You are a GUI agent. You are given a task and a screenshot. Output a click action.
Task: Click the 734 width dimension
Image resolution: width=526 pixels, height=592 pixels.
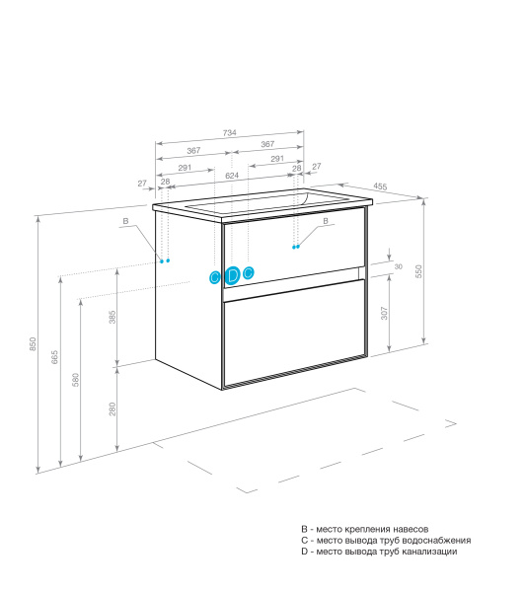pyautogui.click(x=228, y=132)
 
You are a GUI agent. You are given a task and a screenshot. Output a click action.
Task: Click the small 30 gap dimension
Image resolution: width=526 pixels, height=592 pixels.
pyautogui.click(x=398, y=266)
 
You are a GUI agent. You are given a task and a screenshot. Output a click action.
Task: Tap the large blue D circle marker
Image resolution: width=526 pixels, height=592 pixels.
pyautogui.click(x=232, y=275)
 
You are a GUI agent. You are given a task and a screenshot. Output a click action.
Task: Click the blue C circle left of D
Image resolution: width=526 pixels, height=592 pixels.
pyautogui.click(x=214, y=277)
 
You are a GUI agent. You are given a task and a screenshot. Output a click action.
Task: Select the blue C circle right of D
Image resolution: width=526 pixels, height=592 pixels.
pyautogui.click(x=249, y=272)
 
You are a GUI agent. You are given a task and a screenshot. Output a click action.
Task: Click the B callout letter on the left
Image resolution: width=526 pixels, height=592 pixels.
pyautogui.click(x=125, y=223)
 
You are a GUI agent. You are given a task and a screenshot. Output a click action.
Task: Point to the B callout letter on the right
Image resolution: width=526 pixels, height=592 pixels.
pyautogui.click(x=326, y=222)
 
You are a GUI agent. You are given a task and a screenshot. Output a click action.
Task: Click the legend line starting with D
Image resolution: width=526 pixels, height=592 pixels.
pyautogui.click(x=379, y=552)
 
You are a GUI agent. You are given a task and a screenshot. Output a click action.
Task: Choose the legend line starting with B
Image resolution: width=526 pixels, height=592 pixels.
pyautogui.click(x=364, y=530)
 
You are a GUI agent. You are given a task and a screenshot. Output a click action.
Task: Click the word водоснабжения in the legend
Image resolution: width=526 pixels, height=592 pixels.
pyautogui.click(x=437, y=541)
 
